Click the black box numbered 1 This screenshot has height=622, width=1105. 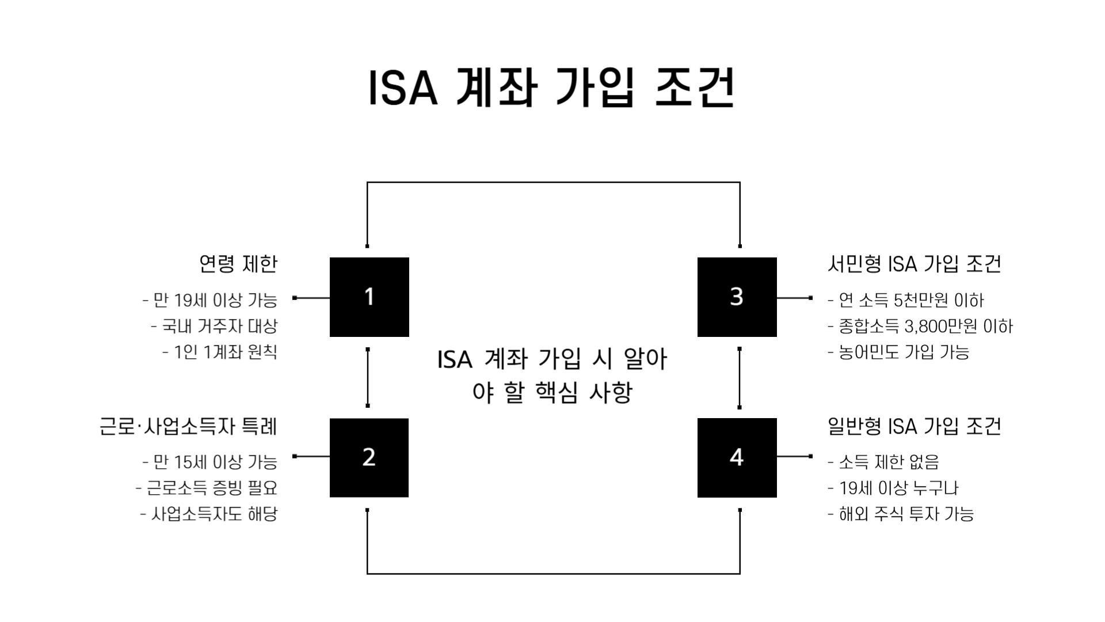tap(369, 297)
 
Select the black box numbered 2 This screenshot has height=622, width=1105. tap(369, 457)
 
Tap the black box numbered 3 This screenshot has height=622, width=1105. tap(737, 297)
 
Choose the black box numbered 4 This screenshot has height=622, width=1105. tap(737, 457)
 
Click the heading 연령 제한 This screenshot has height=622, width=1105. tap(238, 264)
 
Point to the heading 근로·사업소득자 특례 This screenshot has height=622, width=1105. tap(188, 427)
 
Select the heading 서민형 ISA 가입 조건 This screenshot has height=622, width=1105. tap(914, 264)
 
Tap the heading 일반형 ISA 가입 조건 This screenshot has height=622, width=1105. tap(914, 427)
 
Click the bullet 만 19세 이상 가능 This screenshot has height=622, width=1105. tap(210, 300)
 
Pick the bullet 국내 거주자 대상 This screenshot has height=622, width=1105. tap(214, 326)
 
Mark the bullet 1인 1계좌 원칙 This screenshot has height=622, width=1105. tap(220, 352)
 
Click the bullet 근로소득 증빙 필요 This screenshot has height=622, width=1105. tap(207, 488)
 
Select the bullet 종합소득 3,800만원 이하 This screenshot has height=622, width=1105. tap(920, 327)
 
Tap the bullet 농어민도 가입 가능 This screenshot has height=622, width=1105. tap(898, 352)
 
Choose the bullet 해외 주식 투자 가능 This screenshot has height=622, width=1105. tap(901, 514)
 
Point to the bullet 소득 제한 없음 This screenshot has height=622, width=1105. tap(883, 462)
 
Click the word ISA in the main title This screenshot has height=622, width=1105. tap(402, 89)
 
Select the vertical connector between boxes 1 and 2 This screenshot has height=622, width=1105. tap(368, 378)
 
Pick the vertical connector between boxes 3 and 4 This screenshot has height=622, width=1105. tap(740, 378)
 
